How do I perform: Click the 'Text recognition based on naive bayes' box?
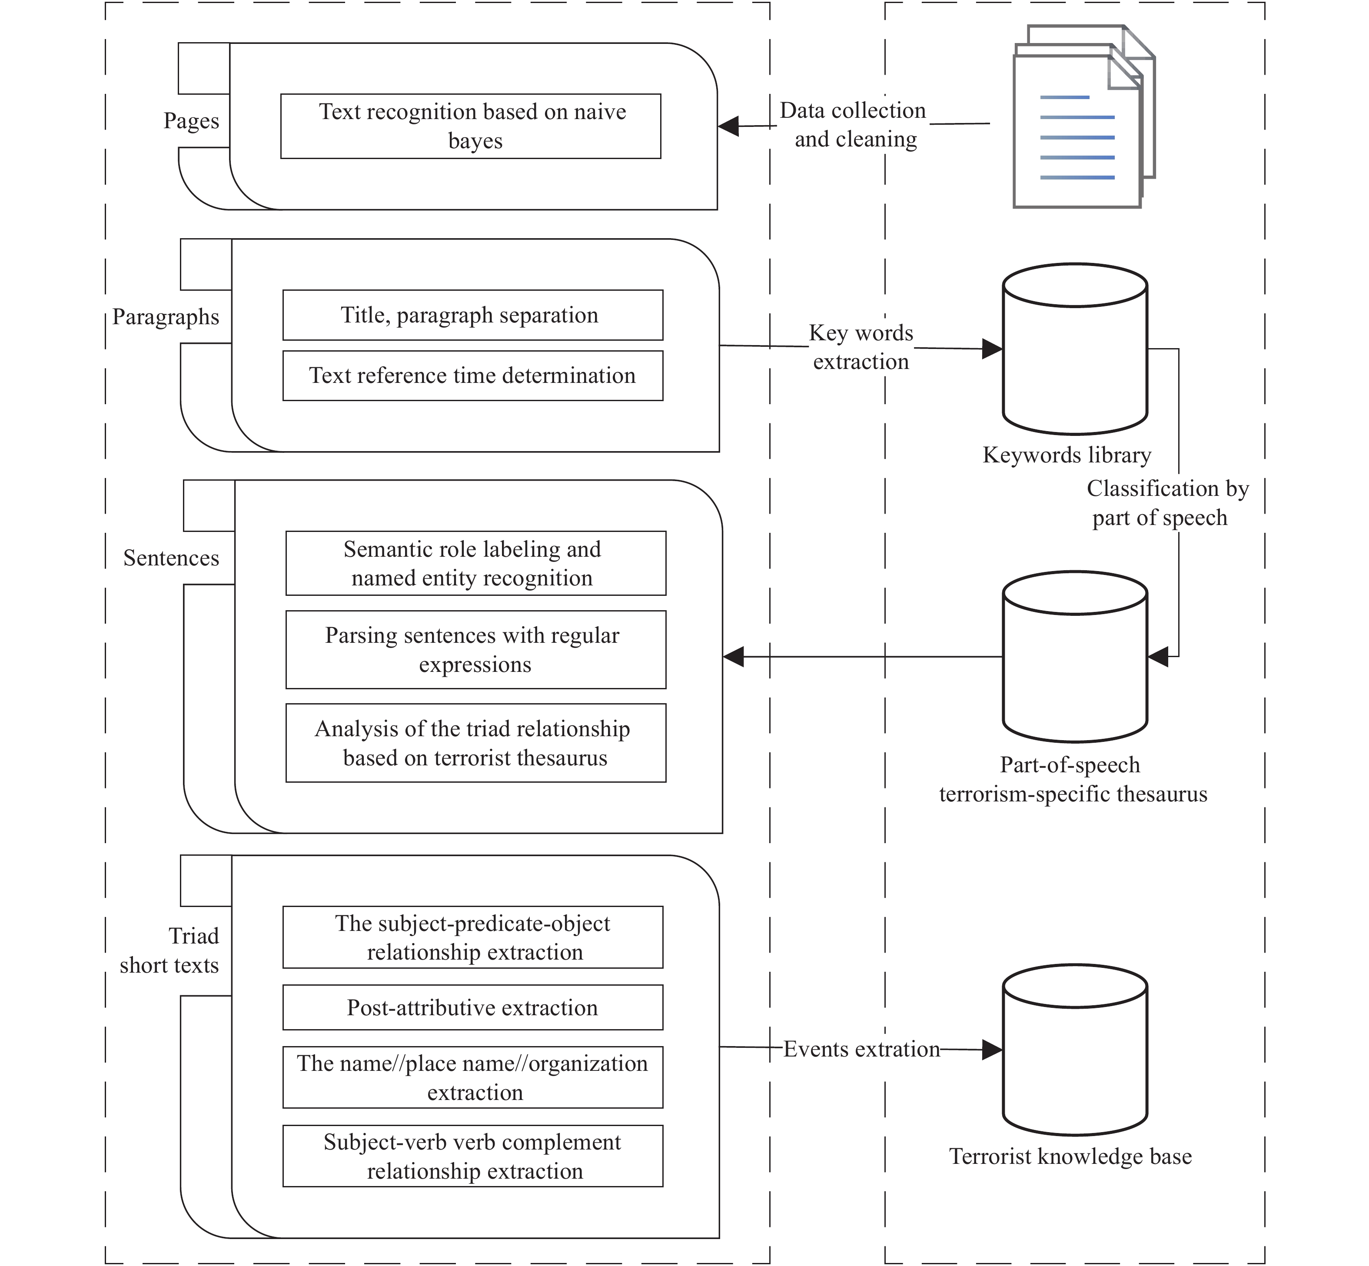point(471,126)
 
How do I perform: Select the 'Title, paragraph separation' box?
point(473,315)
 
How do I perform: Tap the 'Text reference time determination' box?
point(473,375)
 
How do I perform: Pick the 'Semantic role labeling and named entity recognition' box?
point(475,563)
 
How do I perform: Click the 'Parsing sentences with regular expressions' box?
point(475,649)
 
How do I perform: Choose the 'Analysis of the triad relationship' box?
point(475,743)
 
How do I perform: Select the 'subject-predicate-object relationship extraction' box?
point(473,937)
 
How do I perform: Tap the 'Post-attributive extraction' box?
point(473,1007)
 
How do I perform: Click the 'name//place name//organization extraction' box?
point(473,1077)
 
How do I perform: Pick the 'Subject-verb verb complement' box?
point(473,1156)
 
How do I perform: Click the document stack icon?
point(1084,116)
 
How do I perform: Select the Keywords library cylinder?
point(1074,349)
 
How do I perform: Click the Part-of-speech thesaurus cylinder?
point(1074,656)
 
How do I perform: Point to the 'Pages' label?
point(191,120)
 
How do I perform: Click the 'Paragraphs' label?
point(166,316)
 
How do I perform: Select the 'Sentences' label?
point(171,558)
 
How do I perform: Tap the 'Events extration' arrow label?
point(862,1049)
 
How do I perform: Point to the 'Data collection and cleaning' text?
point(854,125)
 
